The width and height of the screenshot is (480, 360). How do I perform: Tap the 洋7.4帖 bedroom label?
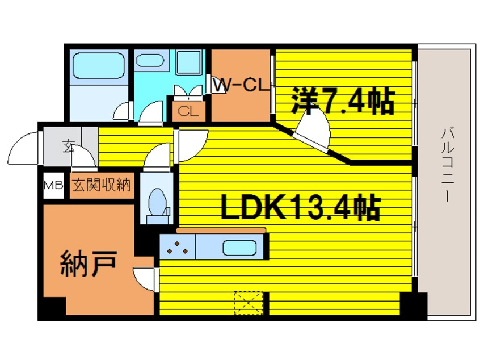click(342, 102)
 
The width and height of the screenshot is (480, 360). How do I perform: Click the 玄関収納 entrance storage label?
click(102, 185)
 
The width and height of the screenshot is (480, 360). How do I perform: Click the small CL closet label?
click(188, 111)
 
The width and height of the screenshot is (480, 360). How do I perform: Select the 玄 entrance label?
click(68, 146)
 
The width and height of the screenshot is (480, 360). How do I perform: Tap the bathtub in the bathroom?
click(95, 66)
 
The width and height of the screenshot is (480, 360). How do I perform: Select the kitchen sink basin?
click(240, 248)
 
